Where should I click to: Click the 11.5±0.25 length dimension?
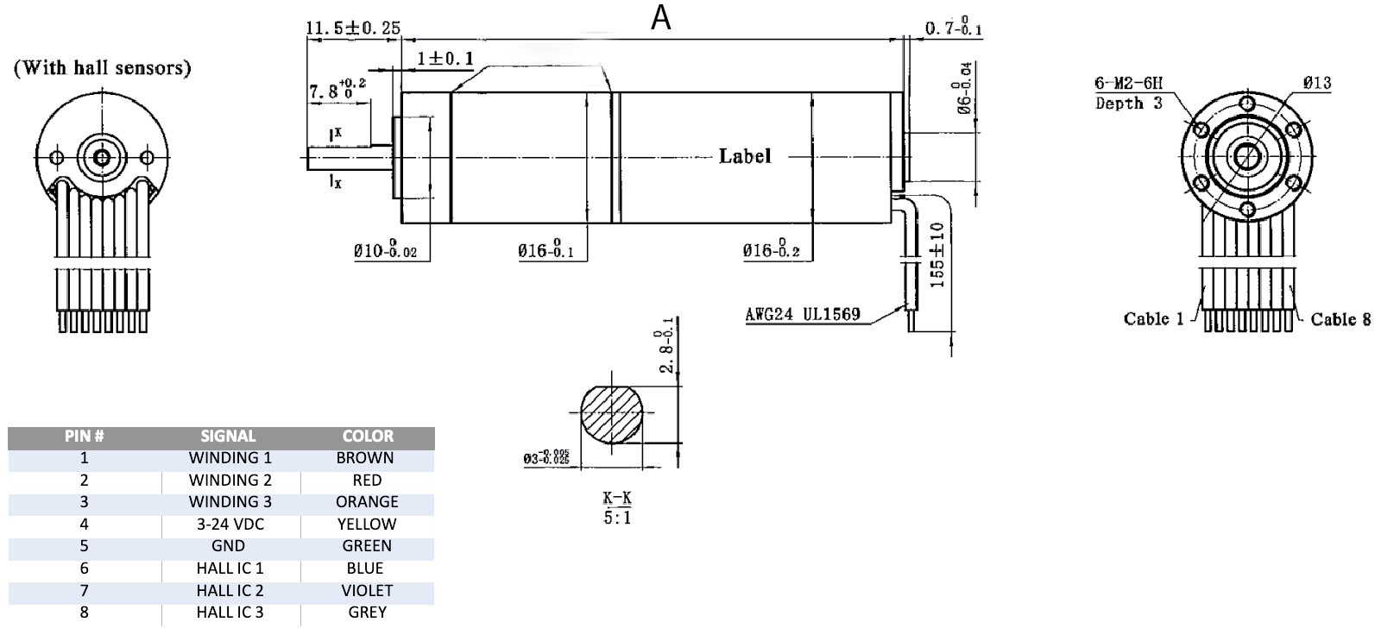pos(353,28)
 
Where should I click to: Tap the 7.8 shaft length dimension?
pos(337,88)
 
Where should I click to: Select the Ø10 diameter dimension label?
pos(385,251)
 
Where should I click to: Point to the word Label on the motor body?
pos(745,156)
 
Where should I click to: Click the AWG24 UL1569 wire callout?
pos(803,314)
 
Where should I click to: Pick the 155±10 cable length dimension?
pos(938,255)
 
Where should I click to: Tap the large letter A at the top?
pos(660,18)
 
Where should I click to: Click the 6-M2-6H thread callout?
pos(1129,84)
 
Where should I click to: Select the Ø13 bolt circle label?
pos(1317,84)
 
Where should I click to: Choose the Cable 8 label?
pos(1340,319)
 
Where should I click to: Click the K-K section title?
pos(616,498)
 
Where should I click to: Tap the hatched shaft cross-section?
pos(612,413)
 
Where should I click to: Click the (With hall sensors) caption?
pos(102,67)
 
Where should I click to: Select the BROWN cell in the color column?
pos(365,458)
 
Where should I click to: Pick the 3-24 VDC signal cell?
pos(230,524)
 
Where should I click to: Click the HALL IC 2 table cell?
pos(230,590)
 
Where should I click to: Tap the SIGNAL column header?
pos(228,437)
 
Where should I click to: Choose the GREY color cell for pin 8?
pos(367,613)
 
